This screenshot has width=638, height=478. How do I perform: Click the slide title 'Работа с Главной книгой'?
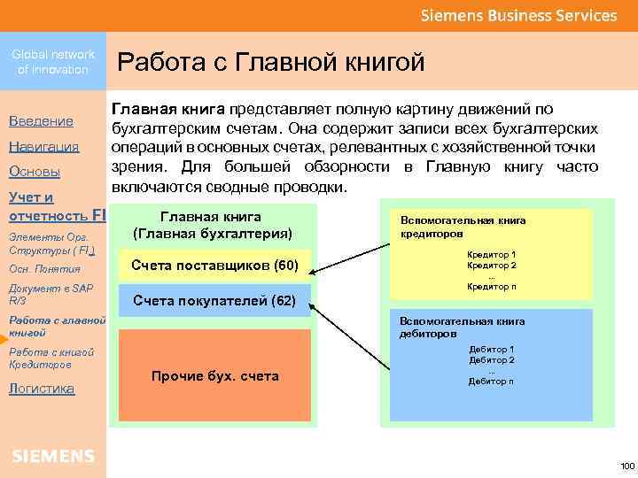271,62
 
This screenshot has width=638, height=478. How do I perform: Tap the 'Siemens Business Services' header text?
518,16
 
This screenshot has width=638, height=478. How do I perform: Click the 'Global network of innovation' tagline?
53,62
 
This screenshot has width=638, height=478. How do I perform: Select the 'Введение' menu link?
41,120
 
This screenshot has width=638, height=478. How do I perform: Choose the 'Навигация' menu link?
44,146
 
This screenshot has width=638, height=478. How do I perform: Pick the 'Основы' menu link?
35,171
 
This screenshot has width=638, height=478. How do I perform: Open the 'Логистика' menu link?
42,388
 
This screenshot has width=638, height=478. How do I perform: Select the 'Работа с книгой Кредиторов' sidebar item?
51,358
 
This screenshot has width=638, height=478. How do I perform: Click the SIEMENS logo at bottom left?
53,456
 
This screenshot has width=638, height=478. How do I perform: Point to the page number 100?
627,466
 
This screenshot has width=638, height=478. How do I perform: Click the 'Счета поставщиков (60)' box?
214,266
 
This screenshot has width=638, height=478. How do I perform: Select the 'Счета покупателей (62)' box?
214,301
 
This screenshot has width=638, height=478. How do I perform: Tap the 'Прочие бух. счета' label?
215,376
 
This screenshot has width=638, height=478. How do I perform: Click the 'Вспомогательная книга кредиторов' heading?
463,227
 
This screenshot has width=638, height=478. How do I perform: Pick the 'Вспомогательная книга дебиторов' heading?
463,328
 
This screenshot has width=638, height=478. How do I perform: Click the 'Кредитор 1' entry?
492,255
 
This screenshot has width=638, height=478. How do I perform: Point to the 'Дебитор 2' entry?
492,360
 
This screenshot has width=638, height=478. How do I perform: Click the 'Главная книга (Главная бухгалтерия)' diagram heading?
211,225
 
